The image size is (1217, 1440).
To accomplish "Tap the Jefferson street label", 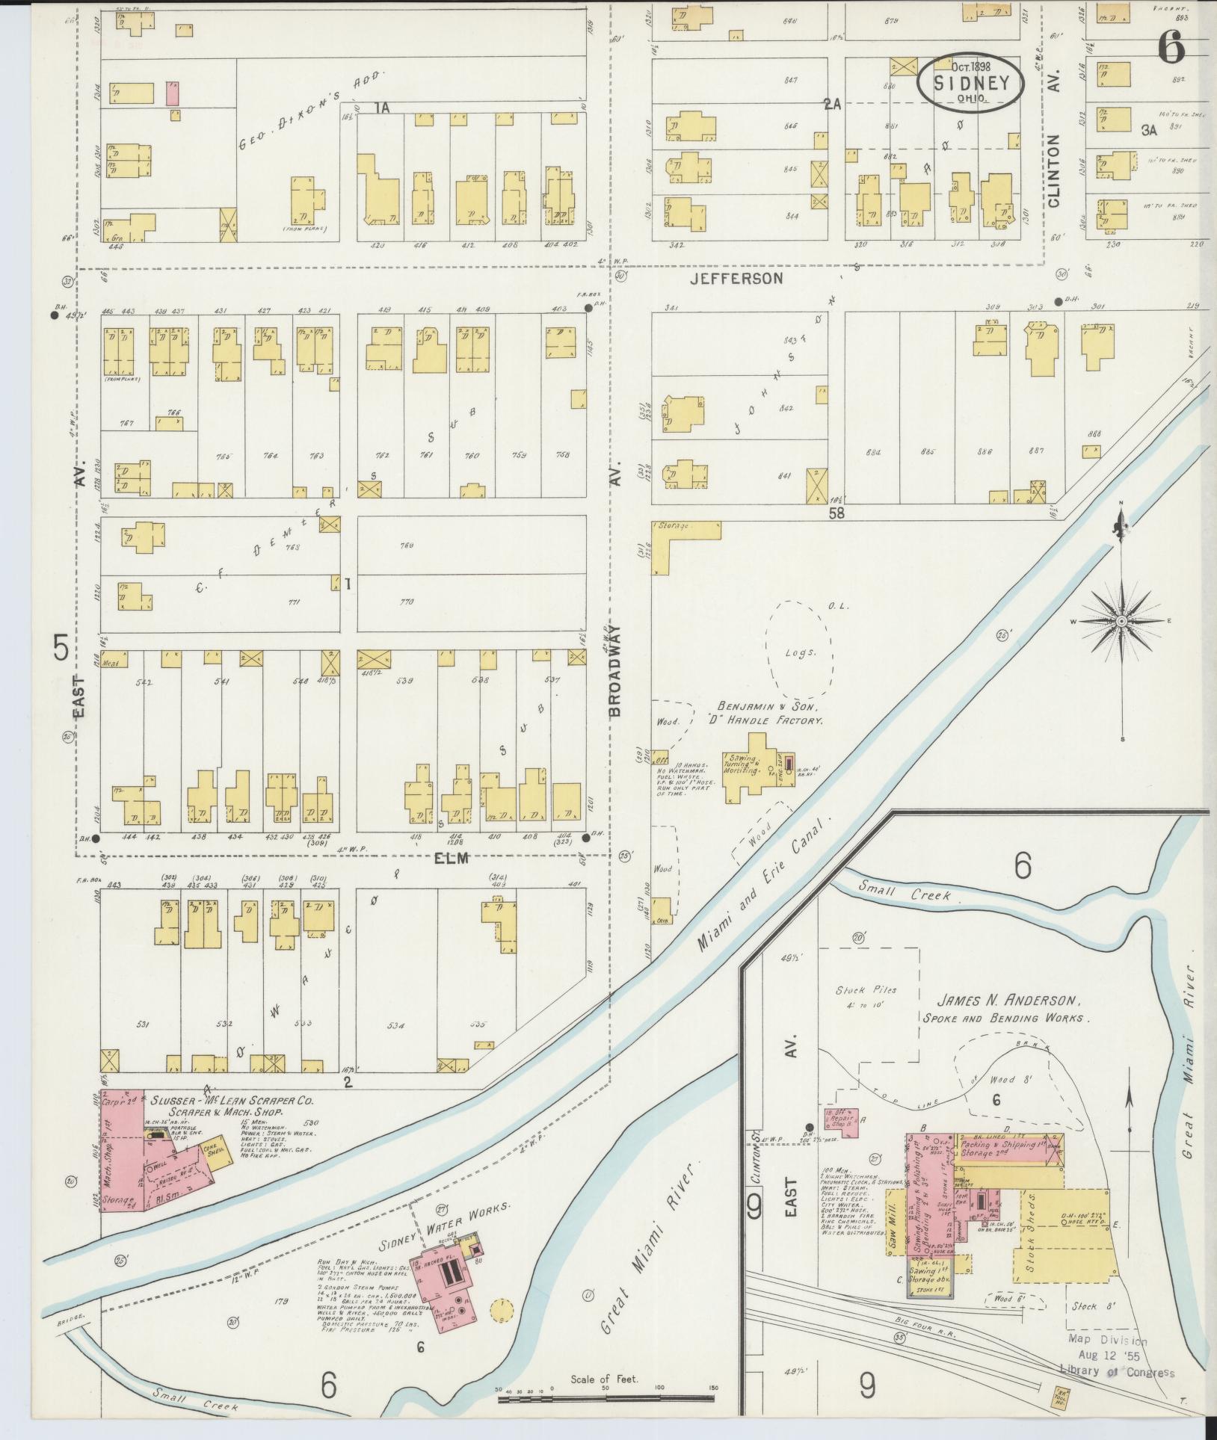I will (736, 279).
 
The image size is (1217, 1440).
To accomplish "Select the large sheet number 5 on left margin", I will (61, 647).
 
